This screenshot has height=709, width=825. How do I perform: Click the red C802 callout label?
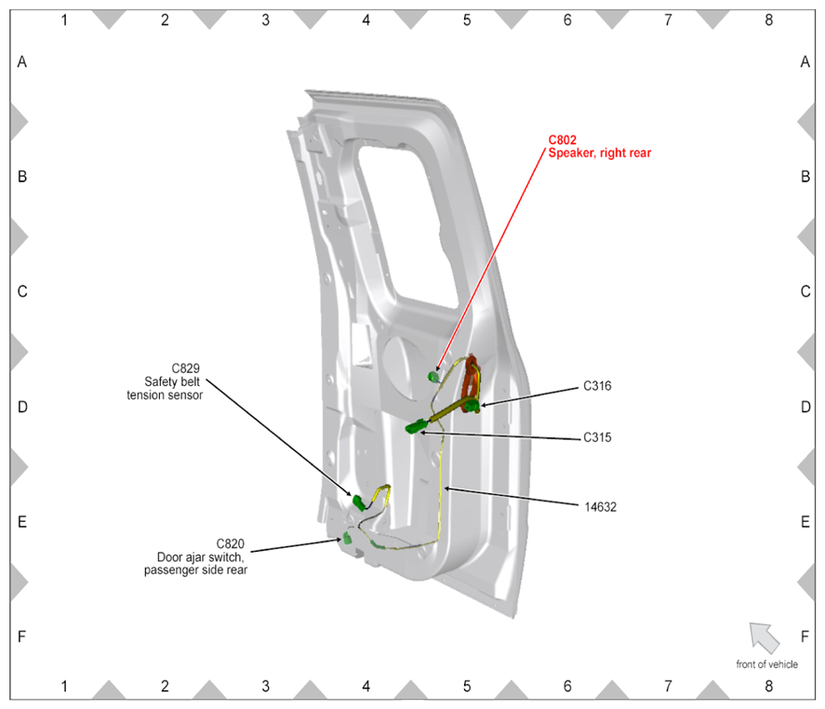pyautogui.click(x=562, y=140)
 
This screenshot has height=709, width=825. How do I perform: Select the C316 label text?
pyautogui.click(x=597, y=386)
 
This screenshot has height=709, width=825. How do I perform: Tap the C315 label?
pyautogui.click(x=597, y=437)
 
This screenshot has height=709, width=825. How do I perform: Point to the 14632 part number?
pyautogui.click(x=600, y=507)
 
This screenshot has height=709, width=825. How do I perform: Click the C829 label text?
pyautogui.click(x=186, y=368)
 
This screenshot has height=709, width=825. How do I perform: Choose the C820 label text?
pyautogui.click(x=230, y=543)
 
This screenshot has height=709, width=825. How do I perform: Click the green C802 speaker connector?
pyautogui.click(x=433, y=376)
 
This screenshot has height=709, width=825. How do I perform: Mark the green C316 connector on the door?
pyautogui.click(x=472, y=406)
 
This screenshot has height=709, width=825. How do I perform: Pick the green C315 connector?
pyautogui.click(x=416, y=426)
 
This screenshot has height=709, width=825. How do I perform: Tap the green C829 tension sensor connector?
pyautogui.click(x=359, y=502)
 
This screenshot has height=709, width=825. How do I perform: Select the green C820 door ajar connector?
pyautogui.click(x=347, y=538)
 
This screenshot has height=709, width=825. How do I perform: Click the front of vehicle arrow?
pyautogui.click(x=764, y=636)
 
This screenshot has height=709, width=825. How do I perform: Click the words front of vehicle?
pyautogui.click(x=766, y=664)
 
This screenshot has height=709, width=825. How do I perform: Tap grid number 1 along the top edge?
pyautogui.click(x=64, y=20)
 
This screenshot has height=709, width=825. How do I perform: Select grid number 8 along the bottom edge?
pyautogui.click(x=768, y=687)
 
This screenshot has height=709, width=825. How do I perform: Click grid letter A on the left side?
pyautogui.click(x=22, y=62)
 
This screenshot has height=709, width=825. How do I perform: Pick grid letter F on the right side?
pyautogui.click(x=805, y=636)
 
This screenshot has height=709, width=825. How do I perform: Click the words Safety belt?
pyautogui.click(x=172, y=381)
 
